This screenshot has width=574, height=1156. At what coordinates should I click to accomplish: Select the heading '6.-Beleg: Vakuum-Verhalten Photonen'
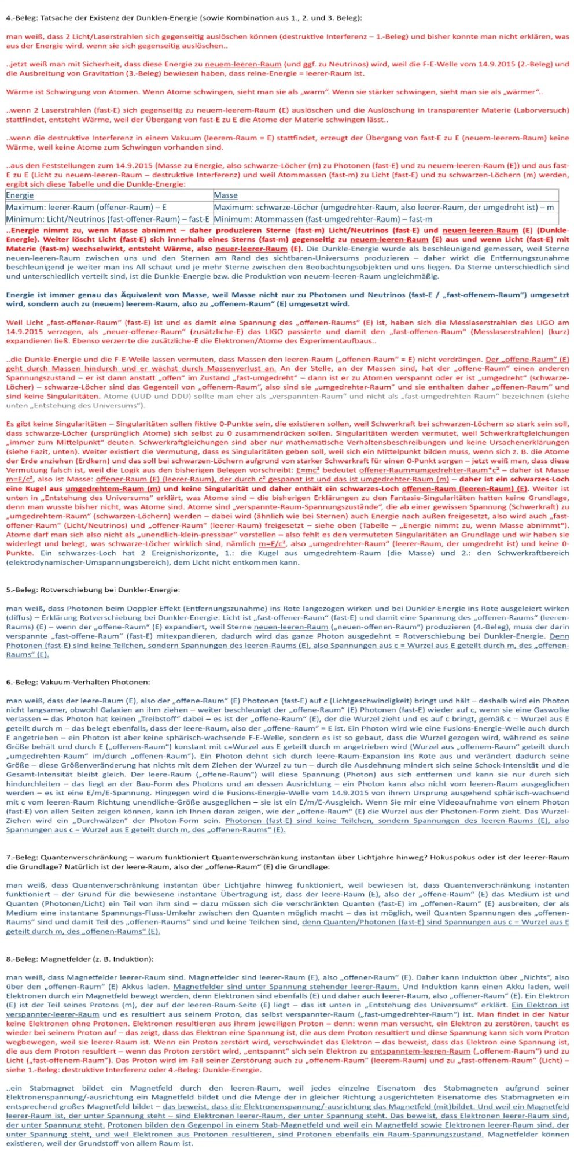coord(78,682)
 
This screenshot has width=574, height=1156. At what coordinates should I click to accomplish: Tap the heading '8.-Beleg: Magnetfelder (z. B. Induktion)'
coord(80,959)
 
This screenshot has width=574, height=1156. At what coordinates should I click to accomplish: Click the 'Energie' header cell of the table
coord(20,195)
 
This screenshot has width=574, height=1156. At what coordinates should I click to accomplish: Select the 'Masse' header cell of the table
coord(226,195)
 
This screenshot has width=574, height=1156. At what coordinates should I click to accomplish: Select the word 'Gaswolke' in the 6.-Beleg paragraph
coord(553,710)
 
